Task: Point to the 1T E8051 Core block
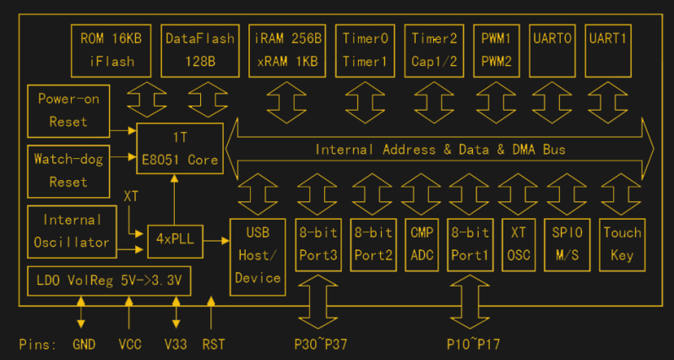click(180, 149)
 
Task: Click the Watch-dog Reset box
click(68, 170)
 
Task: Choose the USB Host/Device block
click(258, 254)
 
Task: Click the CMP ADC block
click(421, 243)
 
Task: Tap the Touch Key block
click(622, 243)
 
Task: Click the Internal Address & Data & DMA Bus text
click(440, 150)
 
